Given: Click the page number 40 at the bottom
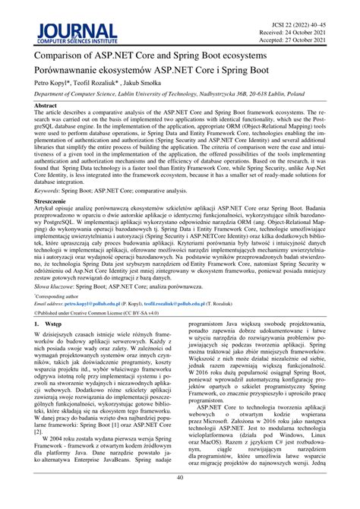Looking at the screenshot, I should pos(180,499).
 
